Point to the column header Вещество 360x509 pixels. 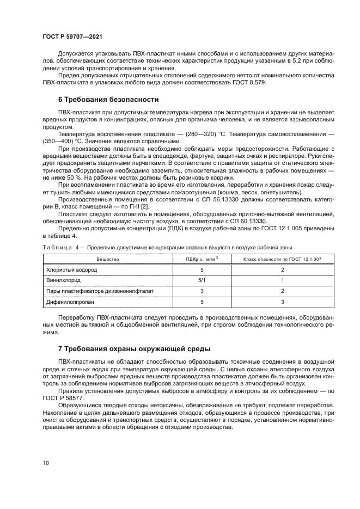coord(107,259)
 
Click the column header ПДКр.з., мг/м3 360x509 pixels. coord(202,259)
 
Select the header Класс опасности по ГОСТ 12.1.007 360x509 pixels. coord(283,259)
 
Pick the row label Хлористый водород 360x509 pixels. coord(66,269)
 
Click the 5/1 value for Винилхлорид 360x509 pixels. coord(202,280)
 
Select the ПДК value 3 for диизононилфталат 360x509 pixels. coord(202,291)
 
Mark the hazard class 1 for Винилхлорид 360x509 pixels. coord(283,280)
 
